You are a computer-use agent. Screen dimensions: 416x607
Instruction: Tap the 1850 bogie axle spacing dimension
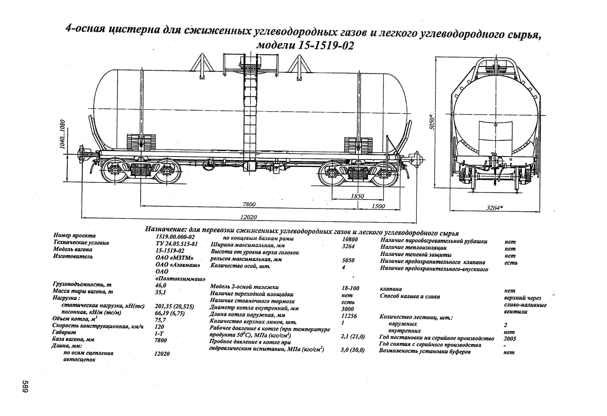pyautogui.click(x=357, y=196)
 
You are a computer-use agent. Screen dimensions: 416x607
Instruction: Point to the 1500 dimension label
pyautogui.click(x=378, y=206)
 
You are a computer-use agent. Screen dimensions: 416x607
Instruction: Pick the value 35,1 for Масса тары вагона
pyautogui.click(x=160, y=292)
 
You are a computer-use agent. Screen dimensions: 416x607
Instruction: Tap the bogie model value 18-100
pyautogui.click(x=350, y=288)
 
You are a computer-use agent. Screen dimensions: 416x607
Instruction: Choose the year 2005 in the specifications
pyautogui.click(x=510, y=339)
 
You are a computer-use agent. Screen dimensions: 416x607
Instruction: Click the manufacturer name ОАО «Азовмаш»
pyautogui.click(x=178, y=265)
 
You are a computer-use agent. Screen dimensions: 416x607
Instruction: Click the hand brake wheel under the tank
pyautogui.click(x=209, y=165)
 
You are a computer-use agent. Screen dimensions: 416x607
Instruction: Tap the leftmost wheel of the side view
pyautogui.click(x=114, y=170)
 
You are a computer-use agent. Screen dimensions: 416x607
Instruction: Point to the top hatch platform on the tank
pyautogui.click(x=251, y=64)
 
